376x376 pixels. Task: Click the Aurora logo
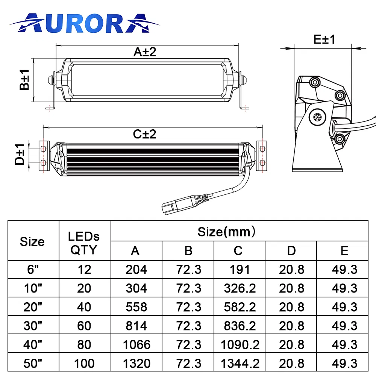tap(84, 23)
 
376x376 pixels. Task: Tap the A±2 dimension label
tap(145, 52)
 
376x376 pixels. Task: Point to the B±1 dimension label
tap(24, 80)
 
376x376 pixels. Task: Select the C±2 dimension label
tap(145, 134)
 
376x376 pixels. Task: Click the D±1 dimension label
tap(20, 155)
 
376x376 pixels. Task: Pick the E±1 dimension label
tap(324, 39)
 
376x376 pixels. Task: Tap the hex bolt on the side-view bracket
tap(317, 117)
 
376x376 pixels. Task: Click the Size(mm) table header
tap(226, 232)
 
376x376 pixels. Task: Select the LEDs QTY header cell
tap(84, 243)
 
